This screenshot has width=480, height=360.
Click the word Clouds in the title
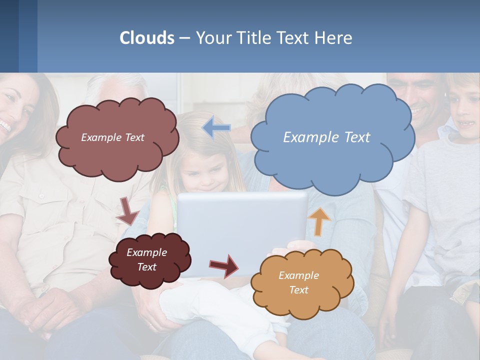(147, 38)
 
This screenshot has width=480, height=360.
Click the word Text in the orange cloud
(298, 290)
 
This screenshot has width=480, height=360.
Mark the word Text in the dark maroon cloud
(147, 267)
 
